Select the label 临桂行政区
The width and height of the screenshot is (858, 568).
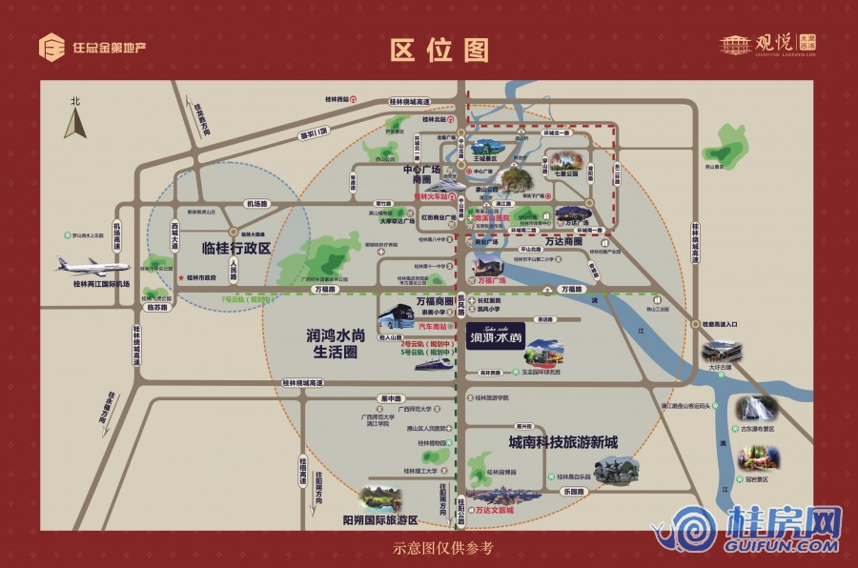[x=236, y=249]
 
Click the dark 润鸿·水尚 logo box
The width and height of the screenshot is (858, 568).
[x=496, y=336]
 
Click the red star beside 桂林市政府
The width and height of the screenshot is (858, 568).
[x=179, y=278]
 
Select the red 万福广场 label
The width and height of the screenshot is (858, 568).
[x=493, y=281]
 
